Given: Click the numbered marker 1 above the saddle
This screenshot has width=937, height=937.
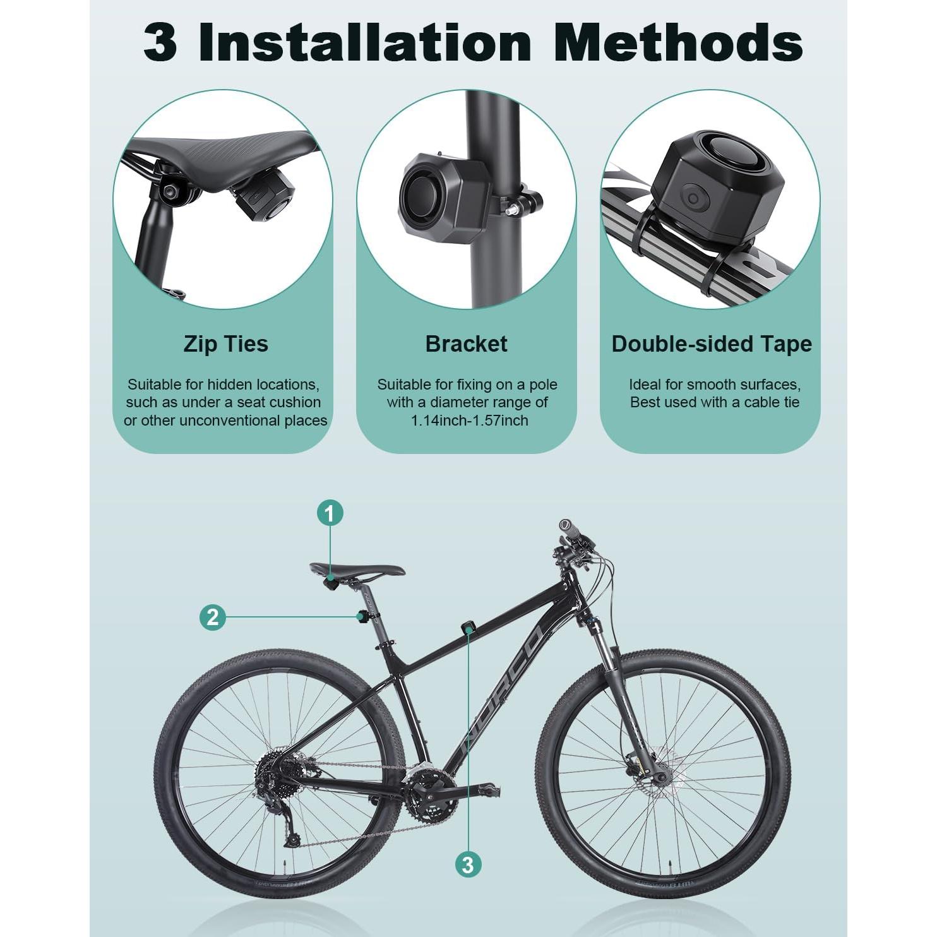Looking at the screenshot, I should pos(330,513).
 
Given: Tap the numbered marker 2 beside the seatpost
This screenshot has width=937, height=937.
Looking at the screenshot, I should pos(212,616).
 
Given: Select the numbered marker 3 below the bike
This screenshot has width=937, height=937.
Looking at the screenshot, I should pos(468,864).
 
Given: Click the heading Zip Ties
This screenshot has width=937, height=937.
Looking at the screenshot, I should pos(225,344).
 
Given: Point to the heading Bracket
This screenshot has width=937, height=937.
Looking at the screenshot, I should pos(466,344).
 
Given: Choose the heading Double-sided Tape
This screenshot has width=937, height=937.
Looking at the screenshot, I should pos(711,344).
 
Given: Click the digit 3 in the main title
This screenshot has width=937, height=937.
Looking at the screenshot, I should pos(160,43).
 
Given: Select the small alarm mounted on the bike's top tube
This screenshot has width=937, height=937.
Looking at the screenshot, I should pos(468,627).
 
